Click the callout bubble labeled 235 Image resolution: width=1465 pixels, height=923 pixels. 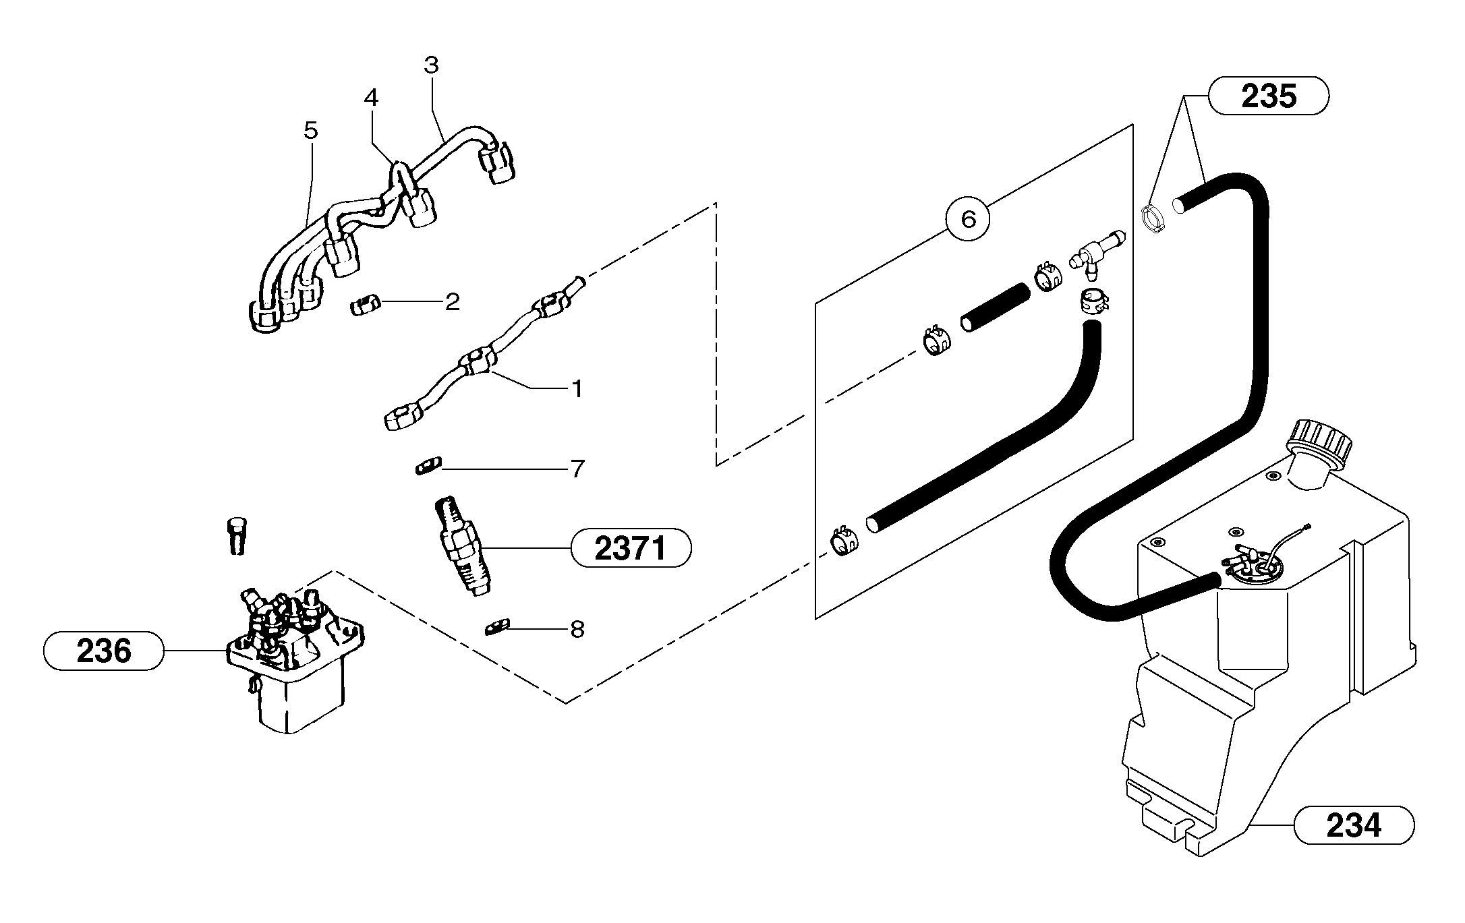[x=1268, y=96]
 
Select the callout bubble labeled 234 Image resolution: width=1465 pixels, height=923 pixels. [x=1353, y=825]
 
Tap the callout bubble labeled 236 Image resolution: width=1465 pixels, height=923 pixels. [x=103, y=651]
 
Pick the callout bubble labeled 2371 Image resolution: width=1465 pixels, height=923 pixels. [x=631, y=548]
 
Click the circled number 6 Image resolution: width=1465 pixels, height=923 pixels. [x=968, y=219]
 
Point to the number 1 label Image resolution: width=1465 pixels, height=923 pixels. [x=577, y=389]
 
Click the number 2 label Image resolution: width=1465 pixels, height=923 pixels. [x=452, y=302]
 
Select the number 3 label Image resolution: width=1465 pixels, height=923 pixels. [x=431, y=65]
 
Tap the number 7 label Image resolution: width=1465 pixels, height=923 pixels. [x=577, y=469]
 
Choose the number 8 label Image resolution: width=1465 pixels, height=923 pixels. [x=577, y=630]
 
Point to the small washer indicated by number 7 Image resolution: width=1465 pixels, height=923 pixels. [x=428, y=465]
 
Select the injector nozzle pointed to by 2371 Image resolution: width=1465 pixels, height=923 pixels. [x=463, y=546]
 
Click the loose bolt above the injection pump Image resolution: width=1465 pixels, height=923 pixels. [x=235, y=535]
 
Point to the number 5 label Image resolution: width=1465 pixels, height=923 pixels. [x=310, y=130]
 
